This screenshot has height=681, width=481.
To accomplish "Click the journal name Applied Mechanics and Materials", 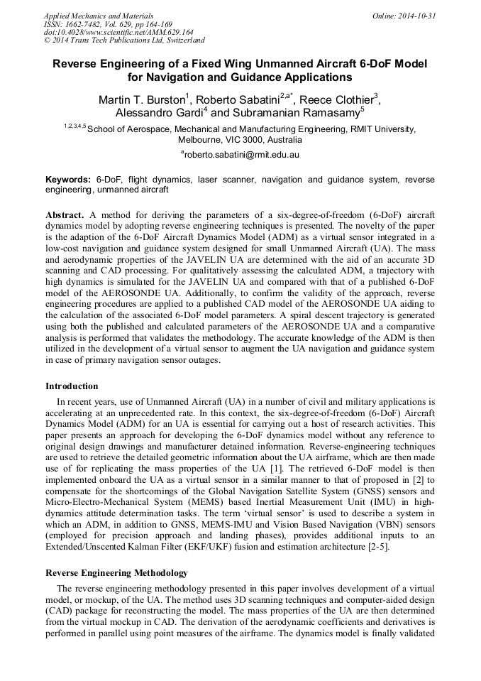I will coord(98,15).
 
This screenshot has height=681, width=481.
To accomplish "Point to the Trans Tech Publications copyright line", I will coord(124,40).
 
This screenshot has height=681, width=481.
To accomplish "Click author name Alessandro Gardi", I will coord(159,113).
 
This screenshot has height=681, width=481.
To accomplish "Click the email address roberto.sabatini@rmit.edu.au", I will coord(242,154).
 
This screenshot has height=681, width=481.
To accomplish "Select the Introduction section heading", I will coord(72,386).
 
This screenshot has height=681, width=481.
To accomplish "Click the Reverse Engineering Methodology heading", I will coord(116,572).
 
